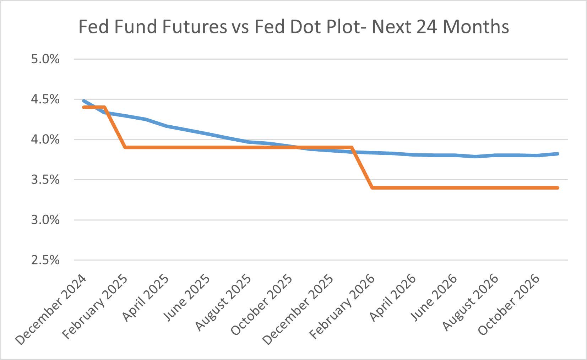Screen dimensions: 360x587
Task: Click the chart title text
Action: click(x=293, y=27)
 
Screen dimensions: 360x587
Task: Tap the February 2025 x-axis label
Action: click(x=94, y=309)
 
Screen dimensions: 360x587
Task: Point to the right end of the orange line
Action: click(x=558, y=188)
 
